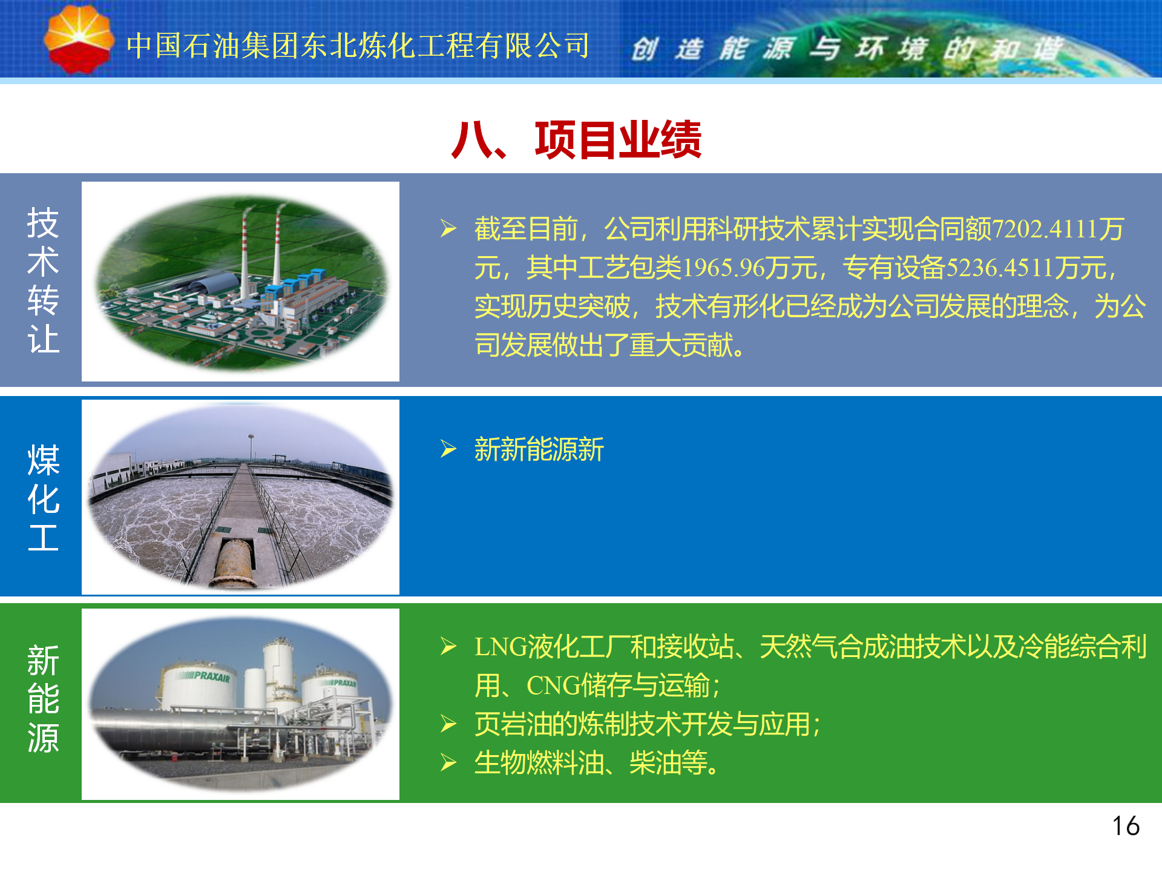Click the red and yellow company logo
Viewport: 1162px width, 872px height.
79,39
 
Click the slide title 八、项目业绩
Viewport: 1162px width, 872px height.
576,140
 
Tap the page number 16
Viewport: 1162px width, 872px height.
1126,826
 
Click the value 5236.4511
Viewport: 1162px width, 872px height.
1000,268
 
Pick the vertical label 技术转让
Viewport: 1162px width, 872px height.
43,280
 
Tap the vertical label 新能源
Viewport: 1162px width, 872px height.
43,699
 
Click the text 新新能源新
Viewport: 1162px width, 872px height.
539,449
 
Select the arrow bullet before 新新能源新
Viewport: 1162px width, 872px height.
448,449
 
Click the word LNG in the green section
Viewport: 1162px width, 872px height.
501,647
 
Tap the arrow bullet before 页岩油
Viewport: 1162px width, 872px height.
448,724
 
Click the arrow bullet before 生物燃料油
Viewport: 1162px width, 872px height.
448,762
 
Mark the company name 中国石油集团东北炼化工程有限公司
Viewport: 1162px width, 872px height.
358,46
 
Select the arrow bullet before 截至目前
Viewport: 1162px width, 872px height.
448,228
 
